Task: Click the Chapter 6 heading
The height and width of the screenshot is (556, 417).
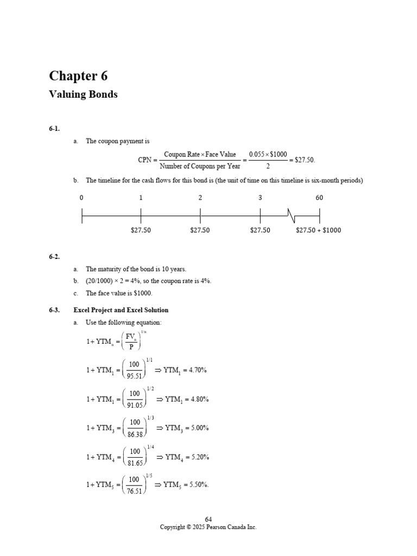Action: point(78,75)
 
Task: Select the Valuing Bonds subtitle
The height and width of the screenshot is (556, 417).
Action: point(83,94)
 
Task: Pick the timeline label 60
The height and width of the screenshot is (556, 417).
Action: point(319,198)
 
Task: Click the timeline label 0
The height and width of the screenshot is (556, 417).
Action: point(81,198)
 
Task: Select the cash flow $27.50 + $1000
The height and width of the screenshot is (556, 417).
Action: point(318,230)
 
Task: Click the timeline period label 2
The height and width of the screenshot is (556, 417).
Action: point(200,198)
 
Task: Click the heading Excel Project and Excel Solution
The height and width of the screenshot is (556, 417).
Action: point(121,310)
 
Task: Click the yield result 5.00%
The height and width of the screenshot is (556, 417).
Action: point(198,428)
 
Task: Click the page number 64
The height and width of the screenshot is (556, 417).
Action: point(208,520)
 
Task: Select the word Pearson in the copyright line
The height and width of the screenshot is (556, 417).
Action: point(220,527)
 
